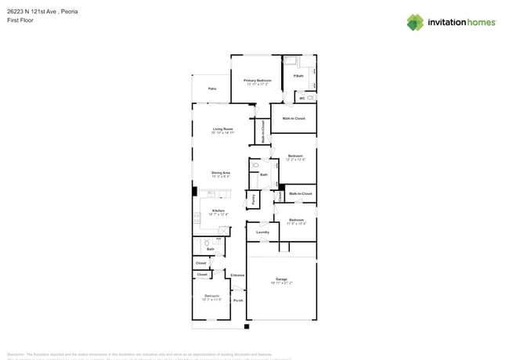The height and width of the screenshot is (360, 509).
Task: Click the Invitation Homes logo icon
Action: pos(415,22)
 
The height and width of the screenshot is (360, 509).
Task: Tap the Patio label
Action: pos(212,89)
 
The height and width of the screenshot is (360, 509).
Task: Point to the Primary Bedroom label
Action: pos(257,81)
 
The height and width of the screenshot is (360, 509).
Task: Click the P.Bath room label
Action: pos(298,76)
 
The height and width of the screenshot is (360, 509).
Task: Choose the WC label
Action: pos(301,99)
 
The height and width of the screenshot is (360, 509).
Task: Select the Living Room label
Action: pos(223,129)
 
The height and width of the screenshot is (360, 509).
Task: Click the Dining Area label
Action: pos(221,172)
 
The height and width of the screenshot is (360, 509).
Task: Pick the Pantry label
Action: pos(254,200)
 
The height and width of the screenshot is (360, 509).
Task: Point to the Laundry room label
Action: pos(262,232)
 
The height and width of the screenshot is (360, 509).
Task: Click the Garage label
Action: pos(281,279)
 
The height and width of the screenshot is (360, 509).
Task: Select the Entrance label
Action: pos(237,275)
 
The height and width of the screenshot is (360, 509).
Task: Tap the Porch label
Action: pos(238,300)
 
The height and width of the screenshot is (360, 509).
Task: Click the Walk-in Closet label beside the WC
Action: pos(294,118)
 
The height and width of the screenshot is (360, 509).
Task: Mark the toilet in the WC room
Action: pos(310,98)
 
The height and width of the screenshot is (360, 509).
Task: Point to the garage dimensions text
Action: pos(281,283)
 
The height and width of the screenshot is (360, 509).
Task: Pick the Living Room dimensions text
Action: pos(223,133)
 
